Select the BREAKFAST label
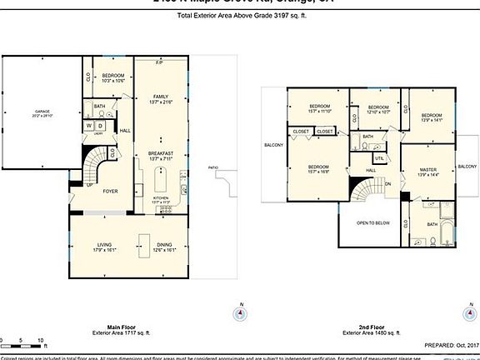pyautogui.click(x=161, y=153)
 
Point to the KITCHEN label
pyautogui.click(x=161, y=198)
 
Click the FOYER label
pyautogui.click(x=109, y=189)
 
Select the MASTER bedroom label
pyautogui.click(x=428, y=169)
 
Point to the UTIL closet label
pyautogui.click(x=379, y=157)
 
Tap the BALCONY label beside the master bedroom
pyautogui.click(x=467, y=167)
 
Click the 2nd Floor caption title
pyautogui.click(x=362, y=326)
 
